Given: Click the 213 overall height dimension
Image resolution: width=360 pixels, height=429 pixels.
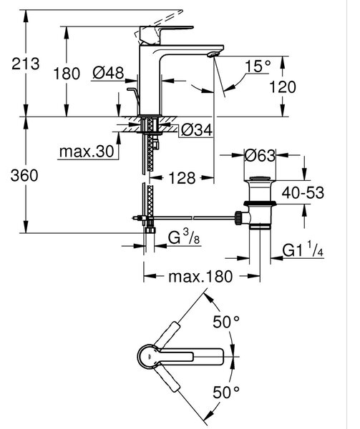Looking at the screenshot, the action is (x=26, y=64).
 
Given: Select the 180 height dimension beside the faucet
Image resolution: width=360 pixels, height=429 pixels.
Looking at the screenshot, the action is (x=67, y=74).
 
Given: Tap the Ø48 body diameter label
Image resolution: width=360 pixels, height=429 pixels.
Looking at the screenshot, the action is (x=108, y=73).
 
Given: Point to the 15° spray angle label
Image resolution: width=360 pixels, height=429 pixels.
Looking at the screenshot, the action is (x=258, y=66).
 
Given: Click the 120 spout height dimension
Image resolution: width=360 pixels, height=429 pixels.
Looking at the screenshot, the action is (x=283, y=87).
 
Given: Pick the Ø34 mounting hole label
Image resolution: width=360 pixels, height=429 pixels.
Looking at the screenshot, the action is (x=197, y=129).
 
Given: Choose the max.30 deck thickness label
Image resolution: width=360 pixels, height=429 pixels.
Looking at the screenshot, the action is (x=87, y=151).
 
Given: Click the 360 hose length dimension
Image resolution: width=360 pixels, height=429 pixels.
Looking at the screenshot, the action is (x=24, y=175).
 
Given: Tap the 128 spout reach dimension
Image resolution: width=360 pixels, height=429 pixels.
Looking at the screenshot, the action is (x=182, y=178).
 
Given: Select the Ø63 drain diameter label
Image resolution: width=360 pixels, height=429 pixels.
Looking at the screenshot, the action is (x=260, y=155).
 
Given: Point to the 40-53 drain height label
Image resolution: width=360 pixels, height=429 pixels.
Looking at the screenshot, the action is (x=303, y=192).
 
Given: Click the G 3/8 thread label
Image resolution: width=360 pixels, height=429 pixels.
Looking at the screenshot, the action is (x=184, y=237).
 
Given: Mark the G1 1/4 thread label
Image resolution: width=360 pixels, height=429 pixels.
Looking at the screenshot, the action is (x=303, y=250).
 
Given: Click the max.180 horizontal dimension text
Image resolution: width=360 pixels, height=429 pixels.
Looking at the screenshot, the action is (x=200, y=277).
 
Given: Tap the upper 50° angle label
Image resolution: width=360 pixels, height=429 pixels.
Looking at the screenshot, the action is (x=226, y=322).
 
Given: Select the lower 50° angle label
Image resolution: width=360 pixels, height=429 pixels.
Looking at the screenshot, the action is (x=226, y=393).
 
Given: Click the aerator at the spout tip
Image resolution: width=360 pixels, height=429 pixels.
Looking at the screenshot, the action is (x=213, y=54).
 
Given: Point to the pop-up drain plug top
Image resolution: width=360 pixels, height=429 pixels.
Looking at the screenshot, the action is (x=260, y=179).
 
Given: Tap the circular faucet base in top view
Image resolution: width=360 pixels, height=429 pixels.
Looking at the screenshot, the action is (x=148, y=357).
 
